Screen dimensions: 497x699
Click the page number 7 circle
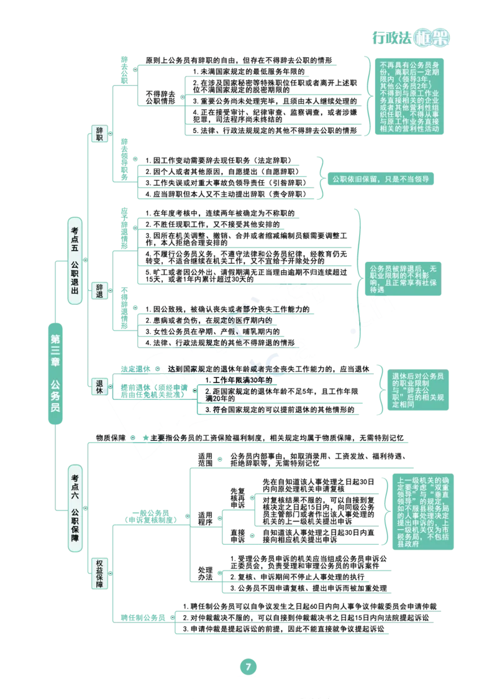pos(248,667)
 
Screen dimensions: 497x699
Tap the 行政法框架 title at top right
pos(411,38)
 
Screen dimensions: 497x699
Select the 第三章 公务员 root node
pos(55,373)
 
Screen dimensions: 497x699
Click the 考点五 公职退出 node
pos(75,261)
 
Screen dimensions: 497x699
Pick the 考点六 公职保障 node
pos(75,507)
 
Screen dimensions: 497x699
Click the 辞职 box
pos(99,134)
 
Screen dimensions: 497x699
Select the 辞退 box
pos(99,290)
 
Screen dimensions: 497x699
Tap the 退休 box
pos(99,386)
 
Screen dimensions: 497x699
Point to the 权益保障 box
pos(99,573)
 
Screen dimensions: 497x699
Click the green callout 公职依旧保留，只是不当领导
pos(381,179)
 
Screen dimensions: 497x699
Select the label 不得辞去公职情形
pos(160,97)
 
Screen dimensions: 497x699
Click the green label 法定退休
pos(135,369)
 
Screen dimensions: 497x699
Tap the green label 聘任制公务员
pos(143,618)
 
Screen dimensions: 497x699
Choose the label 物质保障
pos(111,438)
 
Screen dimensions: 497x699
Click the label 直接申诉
pos(238,536)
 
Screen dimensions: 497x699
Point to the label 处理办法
pos(205,573)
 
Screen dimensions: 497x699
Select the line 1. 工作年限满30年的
pos(239,380)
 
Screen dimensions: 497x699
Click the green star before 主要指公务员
pos(145,438)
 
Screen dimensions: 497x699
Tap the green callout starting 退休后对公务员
pos(417,390)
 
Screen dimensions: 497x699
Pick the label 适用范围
pos(205,460)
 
